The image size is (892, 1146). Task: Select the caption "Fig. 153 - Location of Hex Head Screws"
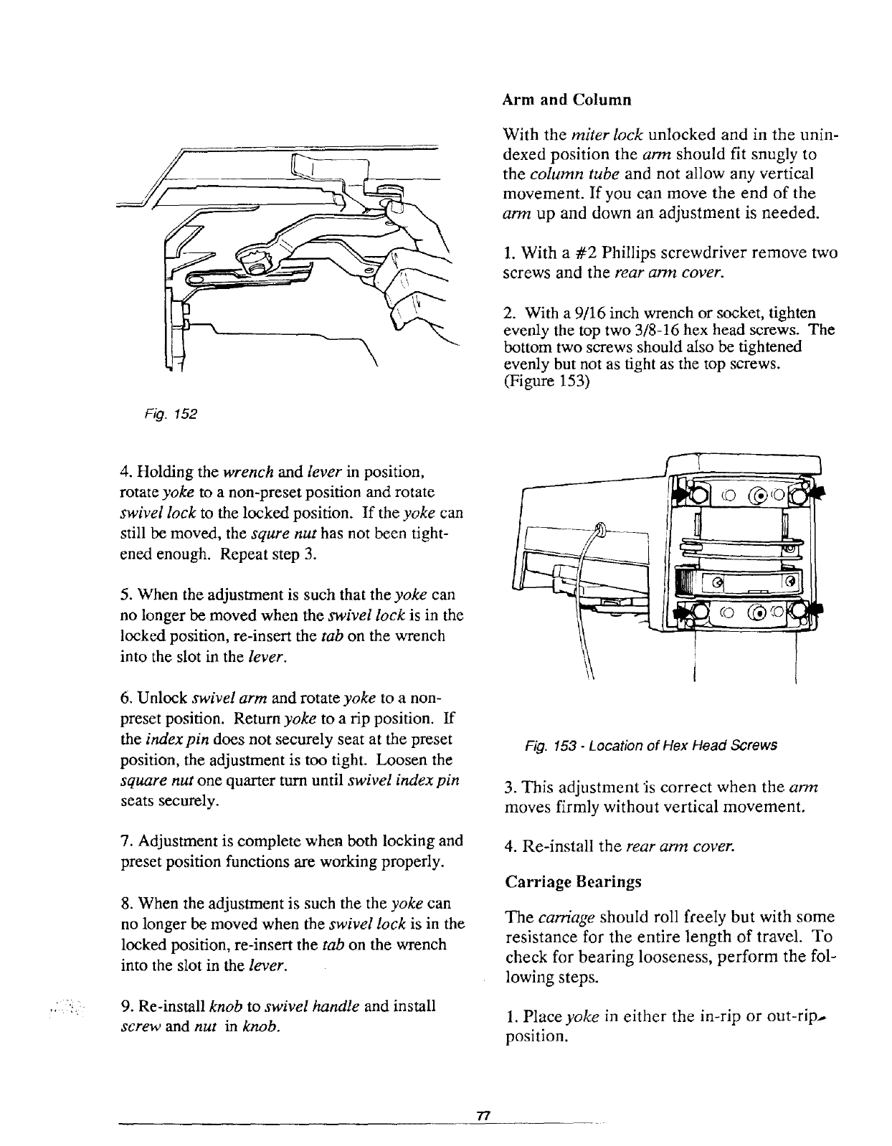[x=650, y=745]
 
